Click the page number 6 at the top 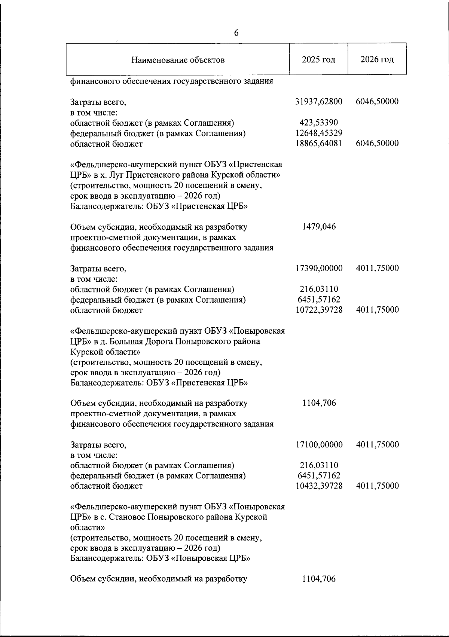[236, 33]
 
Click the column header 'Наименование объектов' [178, 60]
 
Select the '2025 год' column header [319, 59]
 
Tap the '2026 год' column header [377, 59]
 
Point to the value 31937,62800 [319, 101]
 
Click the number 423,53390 [319, 122]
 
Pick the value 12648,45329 [319, 133]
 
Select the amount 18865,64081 [319, 143]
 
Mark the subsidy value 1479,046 [319, 226]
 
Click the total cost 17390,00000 [319, 268]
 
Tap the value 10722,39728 [319, 310]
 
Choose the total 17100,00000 [319, 444]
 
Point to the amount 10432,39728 [319, 486]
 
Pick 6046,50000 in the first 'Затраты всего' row [377, 101]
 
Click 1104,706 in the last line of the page [319, 579]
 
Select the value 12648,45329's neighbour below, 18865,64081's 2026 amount [377, 143]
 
